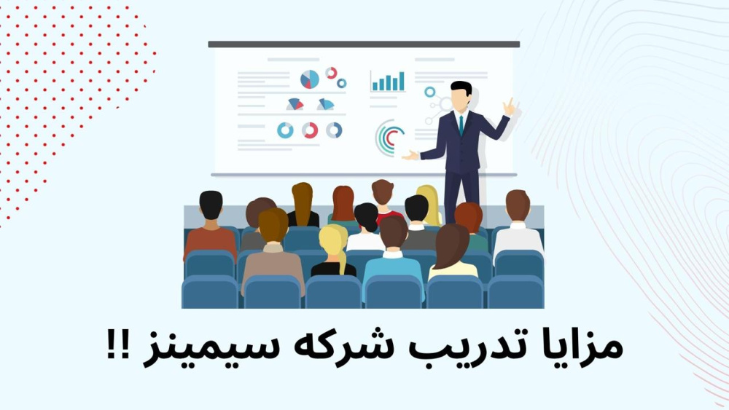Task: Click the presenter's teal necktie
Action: click(x=461, y=125)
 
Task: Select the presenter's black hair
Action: click(x=460, y=88)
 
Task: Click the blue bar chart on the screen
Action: click(x=388, y=82)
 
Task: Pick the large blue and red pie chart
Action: click(x=310, y=79)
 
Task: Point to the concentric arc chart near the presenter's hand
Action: click(x=389, y=137)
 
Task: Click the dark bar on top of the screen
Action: click(x=364, y=44)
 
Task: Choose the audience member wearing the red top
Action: click(x=384, y=200)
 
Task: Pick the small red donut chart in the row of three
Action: click(x=310, y=130)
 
